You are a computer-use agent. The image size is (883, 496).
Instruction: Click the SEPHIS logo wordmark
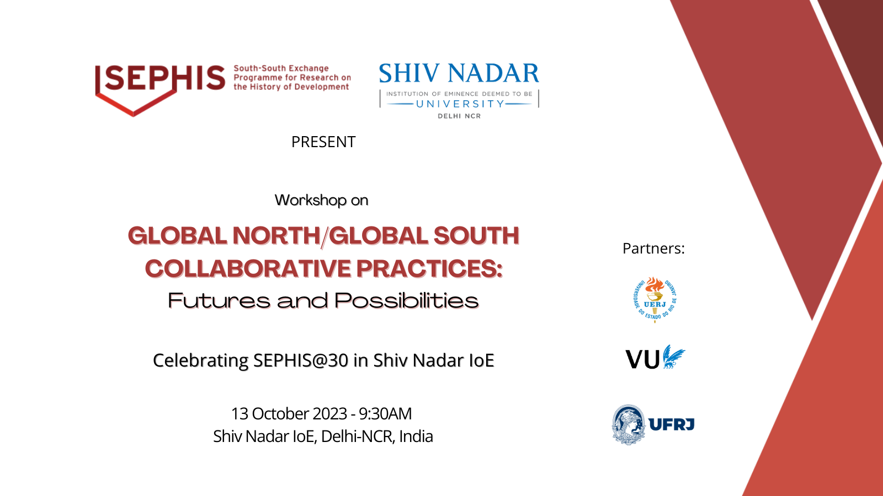pos(159,78)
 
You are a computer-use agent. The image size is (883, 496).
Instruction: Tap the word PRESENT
pos(323,142)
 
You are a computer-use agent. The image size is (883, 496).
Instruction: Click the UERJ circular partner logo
pos(655,300)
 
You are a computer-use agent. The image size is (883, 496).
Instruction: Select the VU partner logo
pos(655,357)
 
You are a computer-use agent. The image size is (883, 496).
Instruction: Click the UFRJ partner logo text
pos(671,424)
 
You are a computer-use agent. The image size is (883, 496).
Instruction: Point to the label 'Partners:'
pos(653,249)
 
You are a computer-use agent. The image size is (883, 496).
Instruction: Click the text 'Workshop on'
pos(321,201)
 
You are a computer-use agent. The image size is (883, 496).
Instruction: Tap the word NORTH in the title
pos(276,236)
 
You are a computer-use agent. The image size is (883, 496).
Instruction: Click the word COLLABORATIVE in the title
pos(248,269)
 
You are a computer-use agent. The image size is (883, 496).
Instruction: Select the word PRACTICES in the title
pos(429,269)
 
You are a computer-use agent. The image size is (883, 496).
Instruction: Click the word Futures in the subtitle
pos(219,301)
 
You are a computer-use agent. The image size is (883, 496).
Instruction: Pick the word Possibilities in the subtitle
pos(406,301)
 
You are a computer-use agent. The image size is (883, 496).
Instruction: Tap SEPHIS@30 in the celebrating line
pos(301,360)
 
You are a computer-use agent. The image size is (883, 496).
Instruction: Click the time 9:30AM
pos(385,414)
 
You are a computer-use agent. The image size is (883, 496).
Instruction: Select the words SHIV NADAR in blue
pos(459,73)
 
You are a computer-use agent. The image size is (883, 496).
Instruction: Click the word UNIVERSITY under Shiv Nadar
pos(460,104)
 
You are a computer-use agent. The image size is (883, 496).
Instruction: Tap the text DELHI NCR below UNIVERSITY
pos(459,116)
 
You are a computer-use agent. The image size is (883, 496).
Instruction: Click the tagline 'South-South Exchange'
pos(281,68)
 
